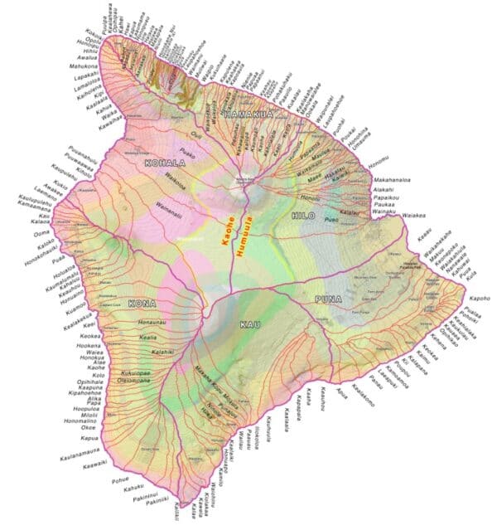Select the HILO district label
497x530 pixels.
(x=304, y=215)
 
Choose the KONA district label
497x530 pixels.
(x=143, y=304)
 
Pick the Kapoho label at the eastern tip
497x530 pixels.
(x=475, y=298)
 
